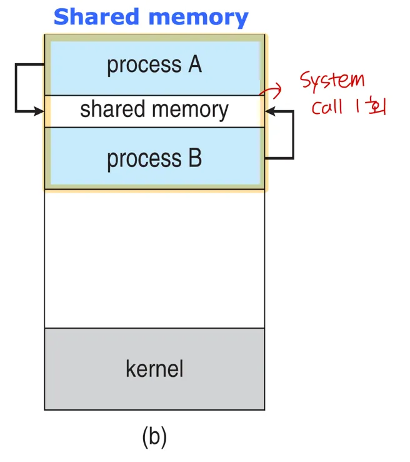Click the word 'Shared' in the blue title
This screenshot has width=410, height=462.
click(96, 17)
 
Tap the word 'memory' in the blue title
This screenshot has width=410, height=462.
click(199, 18)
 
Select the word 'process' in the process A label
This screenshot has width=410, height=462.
click(144, 65)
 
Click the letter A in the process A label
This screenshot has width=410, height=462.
click(195, 64)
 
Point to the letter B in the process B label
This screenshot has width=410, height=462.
click(195, 158)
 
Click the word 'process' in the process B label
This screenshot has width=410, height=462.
click(144, 160)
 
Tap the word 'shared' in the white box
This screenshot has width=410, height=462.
click(112, 109)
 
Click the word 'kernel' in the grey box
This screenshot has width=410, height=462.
click(154, 368)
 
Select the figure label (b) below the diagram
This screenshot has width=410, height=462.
click(154, 437)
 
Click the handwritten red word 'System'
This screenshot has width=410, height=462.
click(332, 80)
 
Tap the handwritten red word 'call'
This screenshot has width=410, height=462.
click(327, 106)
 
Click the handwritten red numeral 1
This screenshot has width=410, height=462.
click(357, 106)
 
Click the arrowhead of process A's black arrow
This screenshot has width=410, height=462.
click(39, 111)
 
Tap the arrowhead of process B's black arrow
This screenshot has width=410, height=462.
click(270, 111)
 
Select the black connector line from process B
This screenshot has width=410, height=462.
click(293, 135)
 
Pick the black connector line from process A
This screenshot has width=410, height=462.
click(16, 88)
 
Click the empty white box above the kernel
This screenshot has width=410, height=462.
click(154, 259)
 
